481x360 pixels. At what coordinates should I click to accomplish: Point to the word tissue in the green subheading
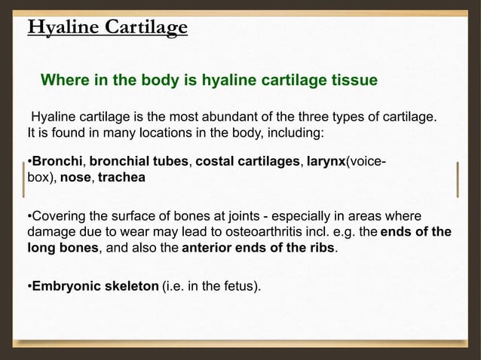353,80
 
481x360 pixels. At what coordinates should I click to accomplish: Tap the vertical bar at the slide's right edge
457,179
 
